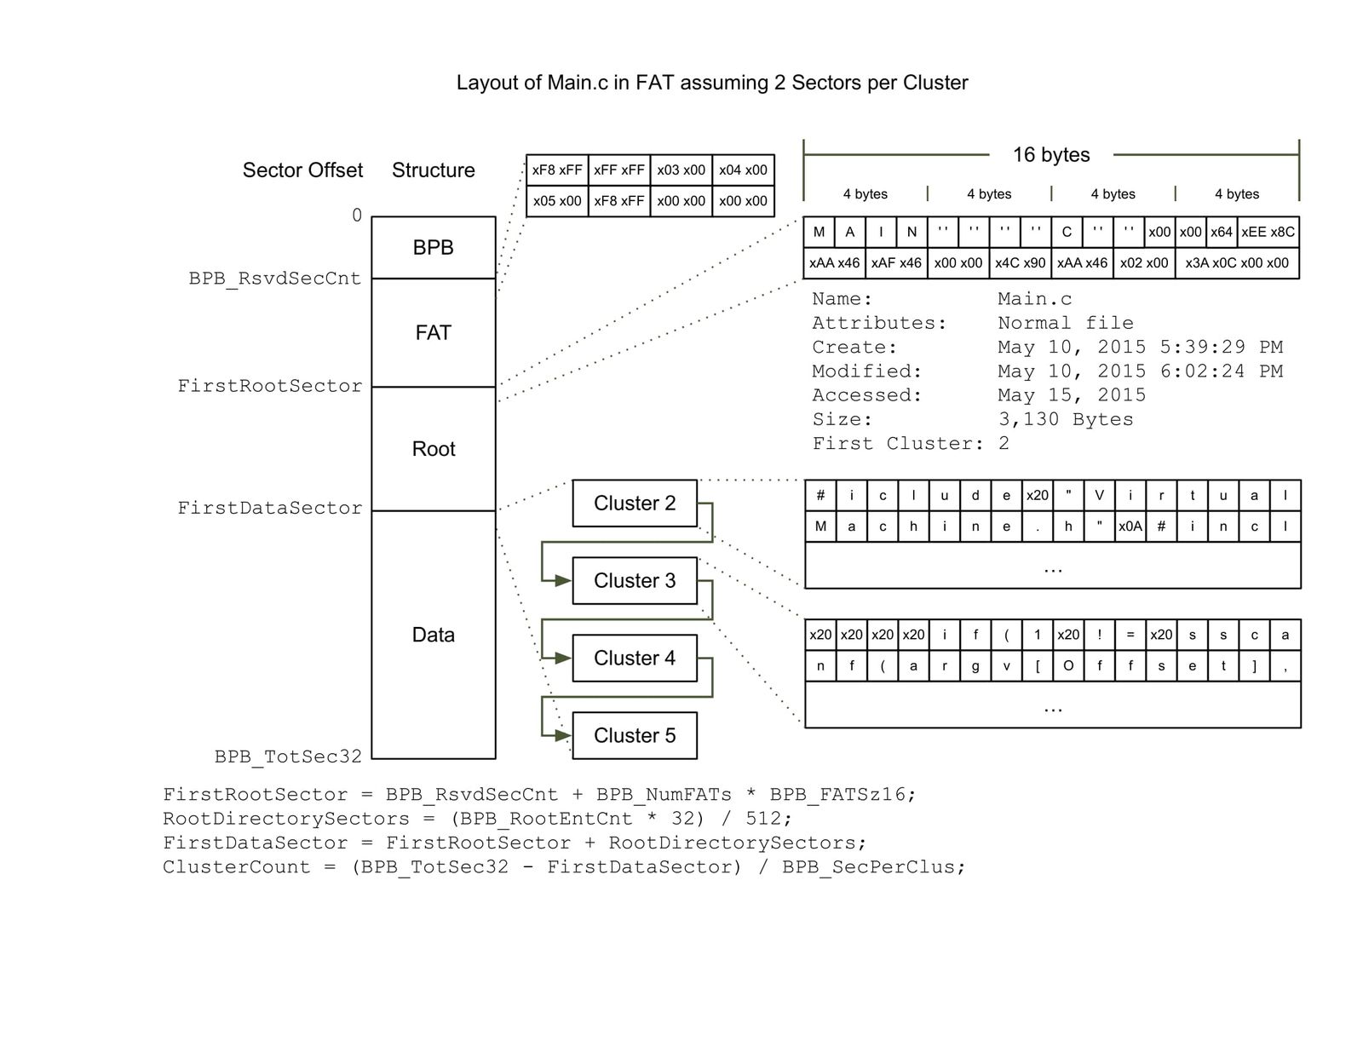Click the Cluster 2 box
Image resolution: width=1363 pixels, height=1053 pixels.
point(635,503)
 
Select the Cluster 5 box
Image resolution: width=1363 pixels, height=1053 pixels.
point(635,735)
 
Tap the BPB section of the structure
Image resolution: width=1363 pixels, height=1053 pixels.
point(433,247)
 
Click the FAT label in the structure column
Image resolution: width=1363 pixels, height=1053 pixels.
point(433,332)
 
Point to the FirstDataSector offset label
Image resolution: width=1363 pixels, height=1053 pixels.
point(269,508)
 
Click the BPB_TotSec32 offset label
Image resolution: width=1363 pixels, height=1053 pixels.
point(288,757)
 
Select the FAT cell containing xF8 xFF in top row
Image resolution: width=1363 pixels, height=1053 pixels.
point(557,170)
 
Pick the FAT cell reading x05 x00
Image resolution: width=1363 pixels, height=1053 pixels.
point(557,201)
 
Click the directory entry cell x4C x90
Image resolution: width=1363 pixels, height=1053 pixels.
point(1020,262)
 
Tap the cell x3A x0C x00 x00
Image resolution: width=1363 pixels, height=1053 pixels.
point(1237,262)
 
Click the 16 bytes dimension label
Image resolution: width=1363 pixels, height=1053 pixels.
point(1050,155)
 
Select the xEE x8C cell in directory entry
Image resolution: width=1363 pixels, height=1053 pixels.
point(1268,232)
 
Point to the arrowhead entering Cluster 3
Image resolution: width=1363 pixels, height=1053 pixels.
point(564,580)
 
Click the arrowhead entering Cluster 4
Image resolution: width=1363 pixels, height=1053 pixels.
point(564,658)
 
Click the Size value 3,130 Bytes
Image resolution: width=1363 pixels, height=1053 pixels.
point(1065,419)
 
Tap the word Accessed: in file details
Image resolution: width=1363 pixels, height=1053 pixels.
point(866,395)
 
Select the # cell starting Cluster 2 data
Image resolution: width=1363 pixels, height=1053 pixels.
point(820,495)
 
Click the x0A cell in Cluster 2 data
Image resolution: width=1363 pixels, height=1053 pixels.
point(1130,526)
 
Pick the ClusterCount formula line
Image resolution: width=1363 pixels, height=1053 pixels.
point(564,867)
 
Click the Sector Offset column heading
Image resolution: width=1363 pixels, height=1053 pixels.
point(302,170)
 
